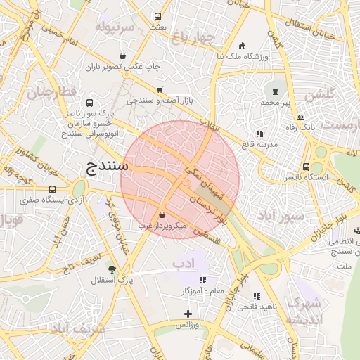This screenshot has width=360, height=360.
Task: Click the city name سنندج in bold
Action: coord(108,167)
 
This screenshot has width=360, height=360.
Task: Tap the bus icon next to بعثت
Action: coord(157,16)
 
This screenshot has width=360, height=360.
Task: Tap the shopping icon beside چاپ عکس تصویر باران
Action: coord(123,56)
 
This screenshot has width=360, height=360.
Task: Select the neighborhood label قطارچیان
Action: coord(51,92)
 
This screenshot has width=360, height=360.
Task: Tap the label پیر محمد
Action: coord(275,103)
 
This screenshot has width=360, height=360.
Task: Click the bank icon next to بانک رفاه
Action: coord(301,117)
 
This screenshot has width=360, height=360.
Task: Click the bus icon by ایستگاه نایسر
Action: coord(306,167)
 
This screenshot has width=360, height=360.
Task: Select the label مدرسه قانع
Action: coord(260,143)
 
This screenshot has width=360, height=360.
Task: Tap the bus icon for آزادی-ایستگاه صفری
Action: coord(53,189)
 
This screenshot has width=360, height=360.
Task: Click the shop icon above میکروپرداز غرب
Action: coord(163,214)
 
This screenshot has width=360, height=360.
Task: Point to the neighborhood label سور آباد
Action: coord(281,214)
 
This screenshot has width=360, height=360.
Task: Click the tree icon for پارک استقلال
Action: coord(112,269)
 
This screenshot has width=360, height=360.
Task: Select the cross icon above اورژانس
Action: coord(188,314)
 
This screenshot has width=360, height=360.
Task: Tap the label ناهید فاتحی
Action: coord(257,307)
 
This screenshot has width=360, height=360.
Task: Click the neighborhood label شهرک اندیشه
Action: coord(304,311)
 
